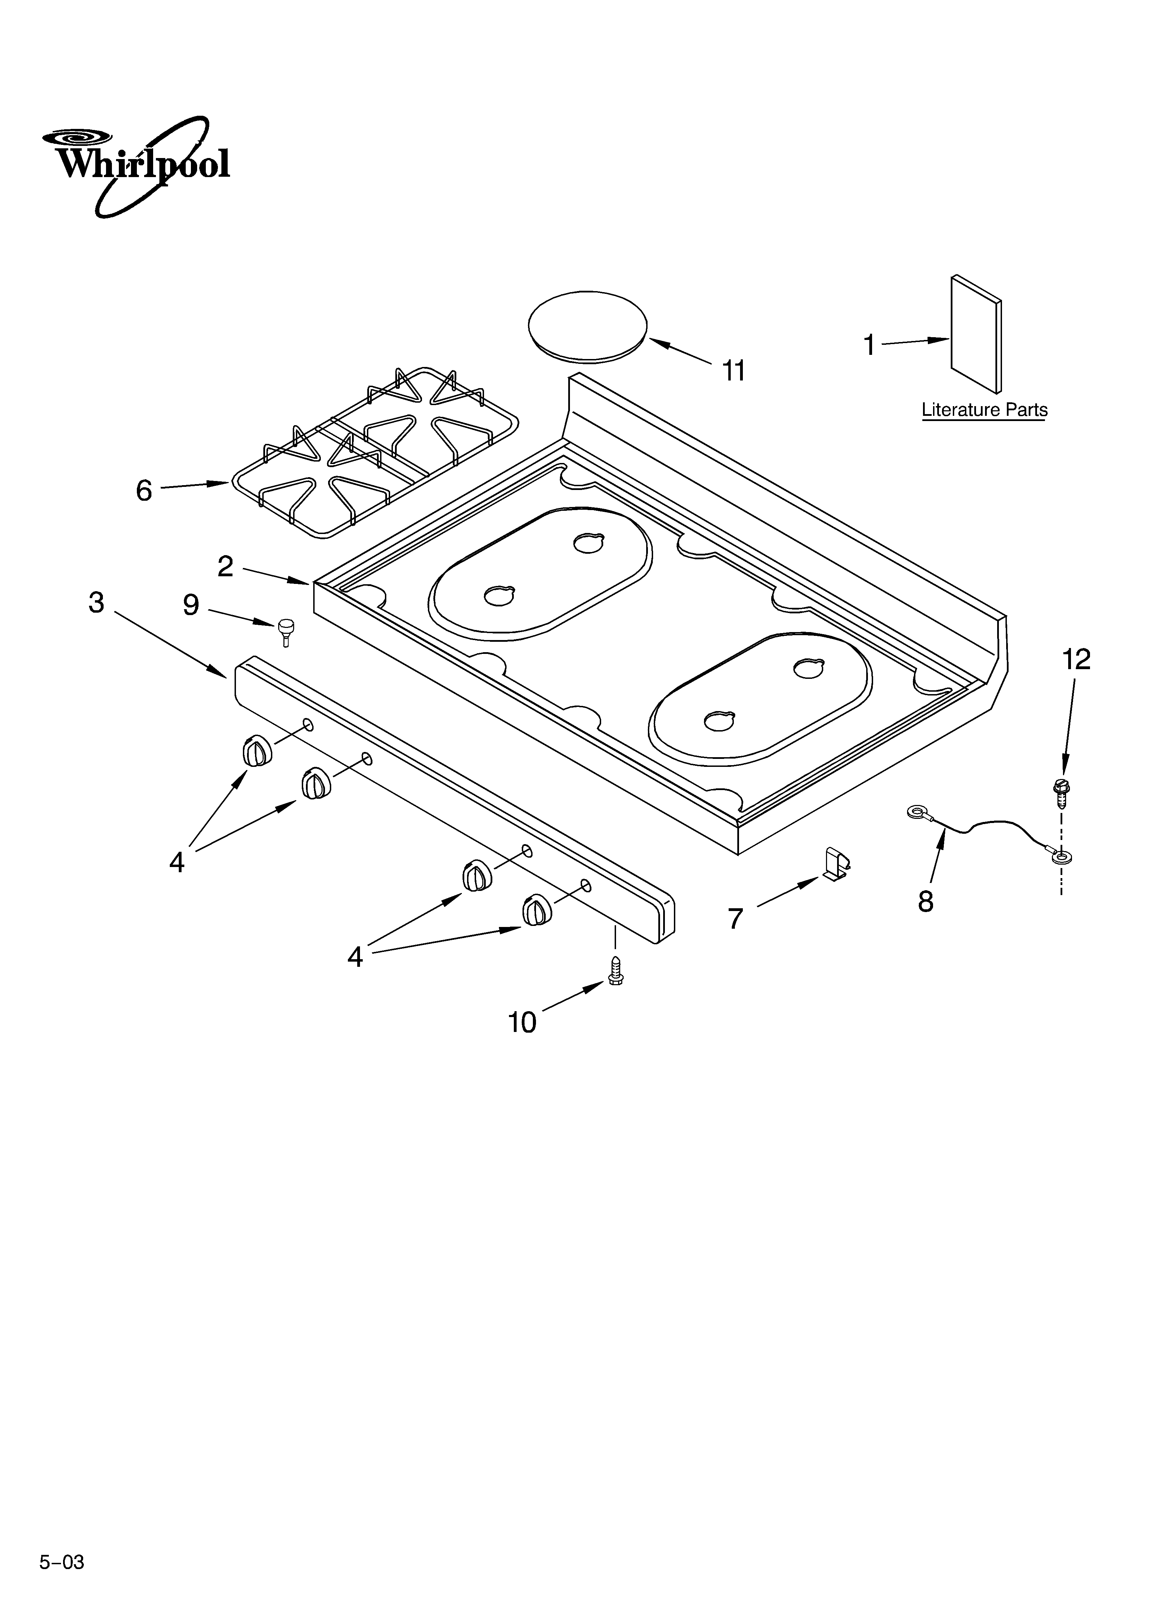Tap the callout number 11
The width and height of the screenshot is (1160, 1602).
pos(734,371)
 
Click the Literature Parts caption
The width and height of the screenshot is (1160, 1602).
pos(984,410)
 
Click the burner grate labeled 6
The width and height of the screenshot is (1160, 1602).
pos(375,452)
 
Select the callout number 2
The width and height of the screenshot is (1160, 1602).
pos(225,567)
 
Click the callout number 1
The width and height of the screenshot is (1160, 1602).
pos(870,345)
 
